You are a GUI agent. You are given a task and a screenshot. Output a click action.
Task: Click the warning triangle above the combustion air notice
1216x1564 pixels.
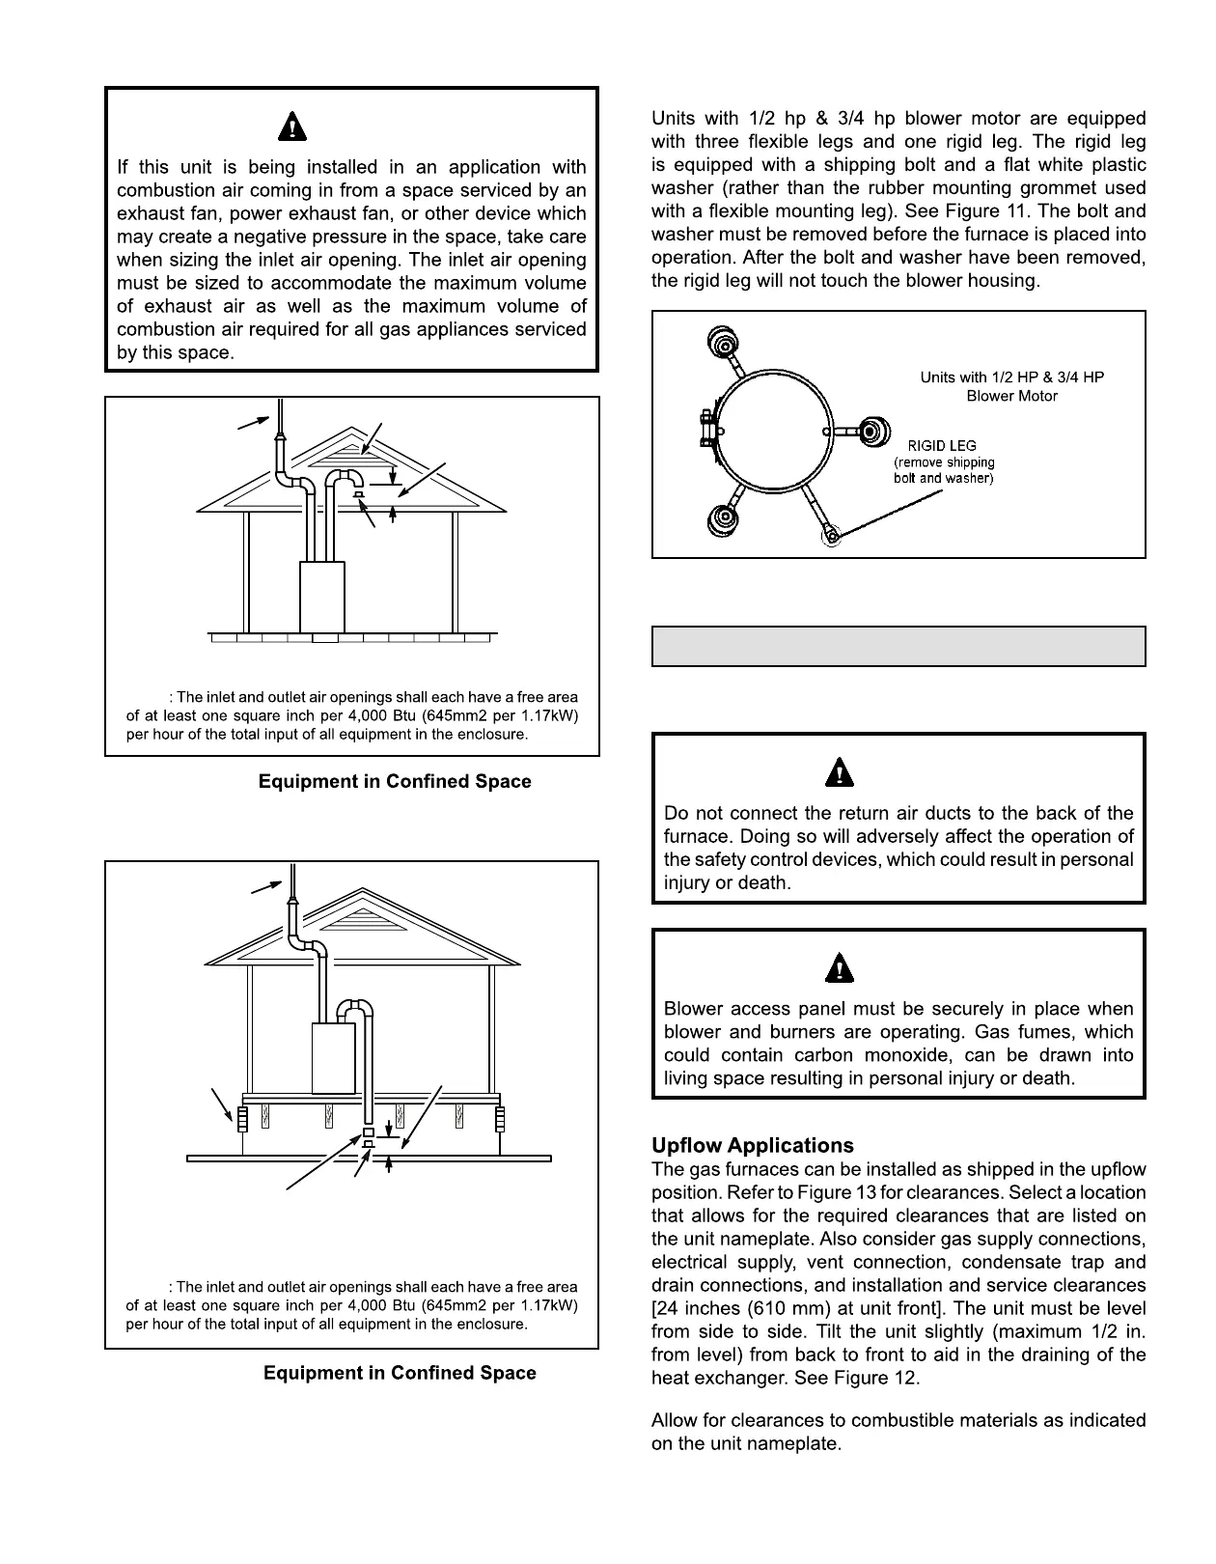(293, 126)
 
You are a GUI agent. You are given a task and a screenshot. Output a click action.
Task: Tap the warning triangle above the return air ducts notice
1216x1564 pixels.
(843, 772)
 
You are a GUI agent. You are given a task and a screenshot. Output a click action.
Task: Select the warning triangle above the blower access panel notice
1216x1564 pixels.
(843, 967)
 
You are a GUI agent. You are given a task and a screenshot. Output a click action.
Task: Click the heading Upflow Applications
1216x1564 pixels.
(753, 1146)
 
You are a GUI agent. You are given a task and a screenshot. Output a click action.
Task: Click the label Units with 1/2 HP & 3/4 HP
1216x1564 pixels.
(1011, 377)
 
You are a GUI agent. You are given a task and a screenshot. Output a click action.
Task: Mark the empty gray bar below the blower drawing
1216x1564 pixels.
(898, 646)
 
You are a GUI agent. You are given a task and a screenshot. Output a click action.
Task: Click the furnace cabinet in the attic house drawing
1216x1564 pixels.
(322, 596)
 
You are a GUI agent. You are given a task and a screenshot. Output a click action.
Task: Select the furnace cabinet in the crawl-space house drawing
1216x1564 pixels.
(333, 1057)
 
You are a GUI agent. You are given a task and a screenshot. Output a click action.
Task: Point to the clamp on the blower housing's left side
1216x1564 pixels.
(704, 427)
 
